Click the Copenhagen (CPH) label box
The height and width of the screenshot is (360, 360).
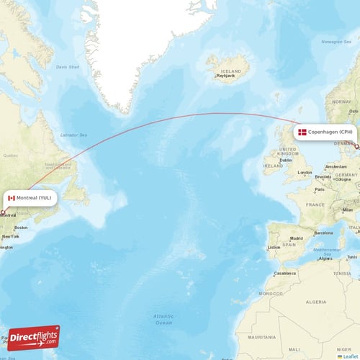pos(325,132)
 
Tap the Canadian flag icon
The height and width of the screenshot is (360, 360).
pos(12,197)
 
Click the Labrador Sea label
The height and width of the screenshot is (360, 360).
pos(73,135)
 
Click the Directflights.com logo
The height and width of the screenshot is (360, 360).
pos(35,338)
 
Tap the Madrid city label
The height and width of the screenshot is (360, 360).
pos(296,238)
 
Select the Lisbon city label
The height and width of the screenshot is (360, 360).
pos(274,248)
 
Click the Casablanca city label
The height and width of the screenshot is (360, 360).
pos(285,274)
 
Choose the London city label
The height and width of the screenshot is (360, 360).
pos(305,173)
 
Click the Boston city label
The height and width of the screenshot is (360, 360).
pos(21,228)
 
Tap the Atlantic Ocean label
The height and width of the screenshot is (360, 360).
pos(163,319)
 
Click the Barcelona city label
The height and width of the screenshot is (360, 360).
pos(324,233)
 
